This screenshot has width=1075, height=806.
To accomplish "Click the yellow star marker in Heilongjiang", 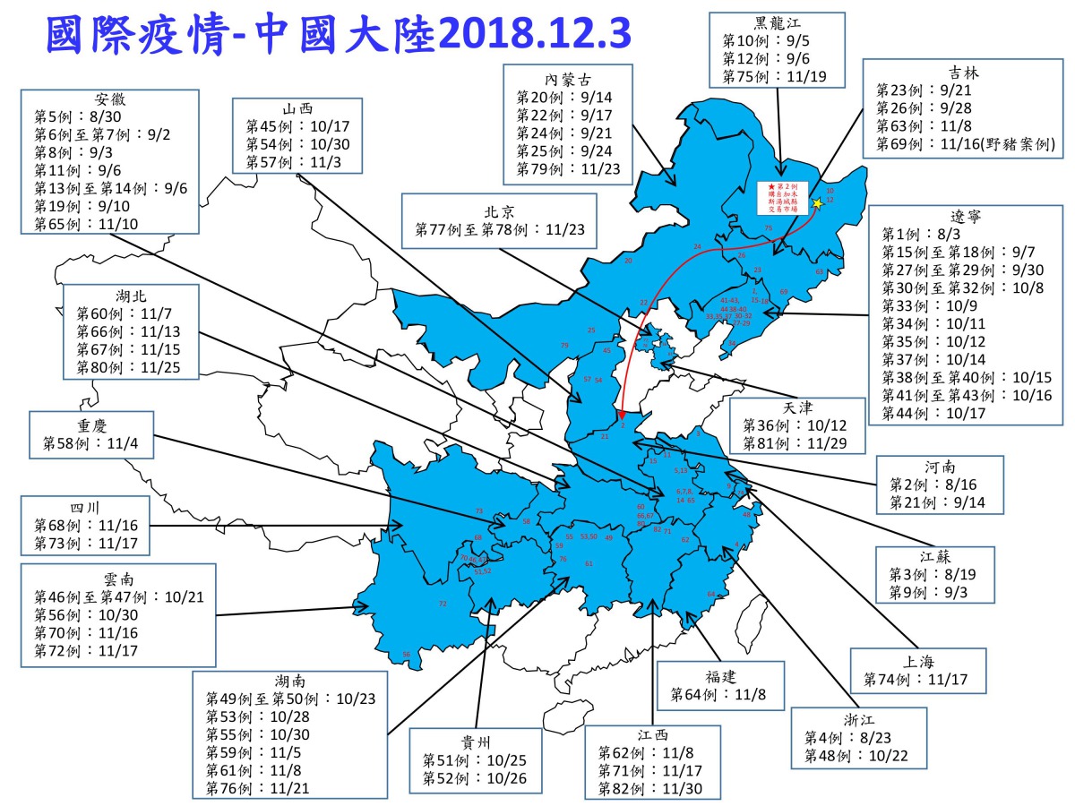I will point(817,204).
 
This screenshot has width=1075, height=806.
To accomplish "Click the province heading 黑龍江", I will point(777,24).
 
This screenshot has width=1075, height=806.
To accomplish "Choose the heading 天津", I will point(798,407).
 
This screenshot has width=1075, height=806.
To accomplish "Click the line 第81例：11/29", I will point(792,442).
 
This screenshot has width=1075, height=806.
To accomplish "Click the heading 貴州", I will point(475,742).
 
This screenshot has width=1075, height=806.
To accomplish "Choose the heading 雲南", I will point(118,578).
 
